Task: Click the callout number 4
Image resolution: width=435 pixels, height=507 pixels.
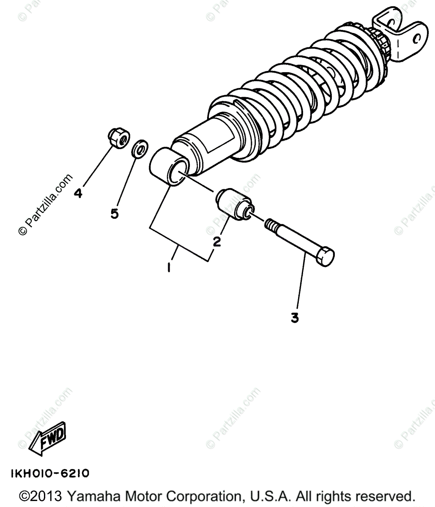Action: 78,194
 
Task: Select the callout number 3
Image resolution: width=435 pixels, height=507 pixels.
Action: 295,318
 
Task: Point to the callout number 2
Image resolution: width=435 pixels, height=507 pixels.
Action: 216,242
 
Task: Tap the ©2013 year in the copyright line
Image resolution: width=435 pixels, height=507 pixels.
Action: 41,496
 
